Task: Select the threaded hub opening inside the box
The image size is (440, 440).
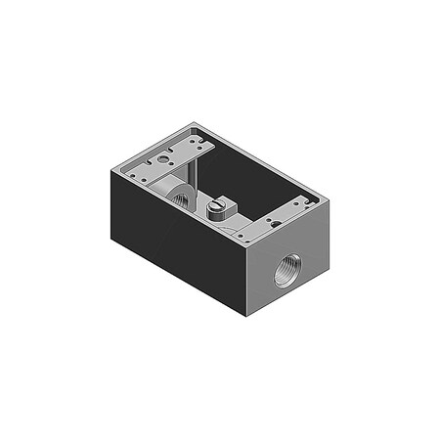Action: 180,198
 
